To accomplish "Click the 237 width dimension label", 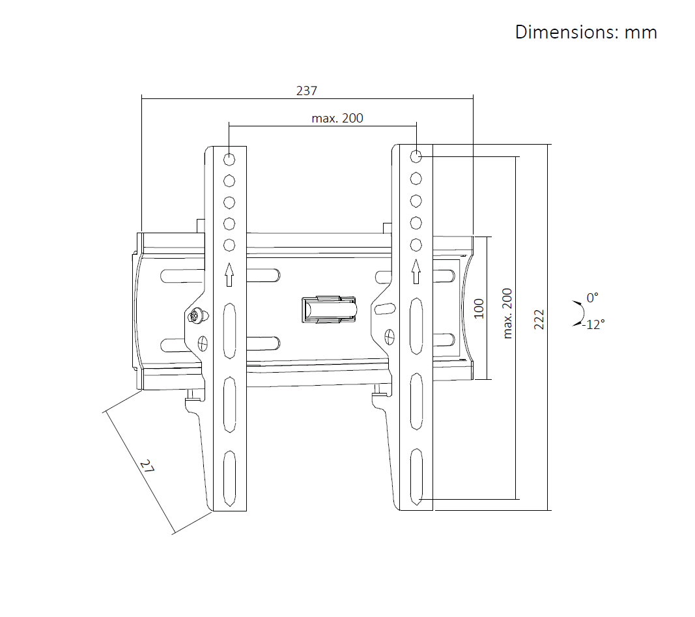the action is click(307, 91).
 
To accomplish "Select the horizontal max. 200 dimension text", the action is click(337, 119).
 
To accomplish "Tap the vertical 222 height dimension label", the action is click(539, 320).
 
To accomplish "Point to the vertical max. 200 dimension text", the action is click(507, 313).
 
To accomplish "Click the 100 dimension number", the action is click(479, 309).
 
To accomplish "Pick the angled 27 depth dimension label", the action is click(147, 466).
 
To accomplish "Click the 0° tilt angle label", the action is click(593, 298).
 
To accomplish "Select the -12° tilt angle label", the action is click(593, 325).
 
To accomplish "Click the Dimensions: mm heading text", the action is click(586, 33).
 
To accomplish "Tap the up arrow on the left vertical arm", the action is click(229, 274).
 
